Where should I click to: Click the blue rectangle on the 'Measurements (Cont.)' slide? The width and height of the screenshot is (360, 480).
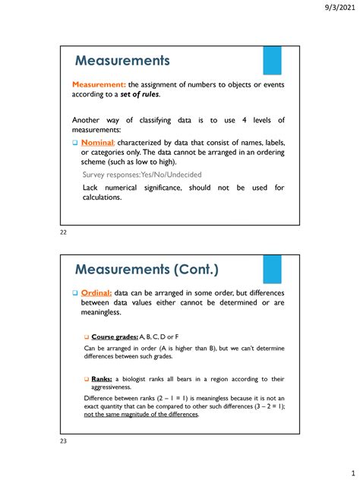tap(272, 270)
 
